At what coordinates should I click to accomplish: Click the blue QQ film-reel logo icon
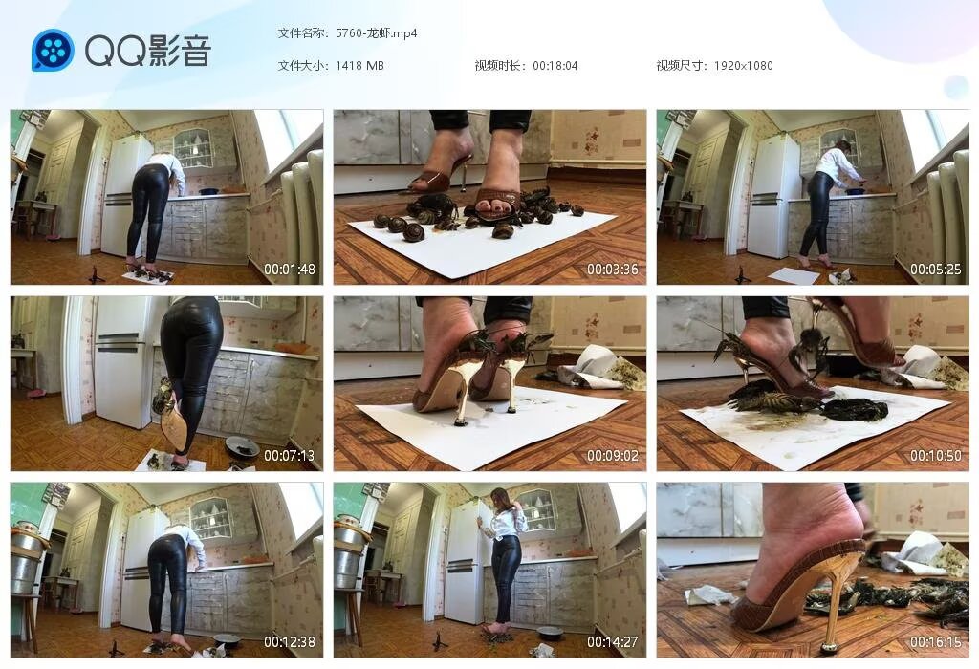point(53,51)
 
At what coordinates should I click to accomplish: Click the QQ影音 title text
point(147,51)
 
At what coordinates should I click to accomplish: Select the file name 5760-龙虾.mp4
point(377,33)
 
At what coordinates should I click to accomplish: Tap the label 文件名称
point(302,33)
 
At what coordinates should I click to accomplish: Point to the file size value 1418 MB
point(359,66)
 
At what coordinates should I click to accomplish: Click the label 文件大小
point(302,66)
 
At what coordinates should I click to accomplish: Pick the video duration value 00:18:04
point(555,66)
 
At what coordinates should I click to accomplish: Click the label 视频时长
point(500,66)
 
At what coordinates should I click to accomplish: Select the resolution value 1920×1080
point(743,66)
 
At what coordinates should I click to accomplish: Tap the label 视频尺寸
point(681,66)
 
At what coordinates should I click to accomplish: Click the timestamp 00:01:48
point(290,270)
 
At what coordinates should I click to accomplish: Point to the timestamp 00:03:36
point(612,270)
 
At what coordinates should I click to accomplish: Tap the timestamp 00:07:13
point(290,456)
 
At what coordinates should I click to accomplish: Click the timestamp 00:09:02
point(612,456)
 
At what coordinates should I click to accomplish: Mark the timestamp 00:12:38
point(290,642)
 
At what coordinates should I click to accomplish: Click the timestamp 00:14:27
point(612,642)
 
